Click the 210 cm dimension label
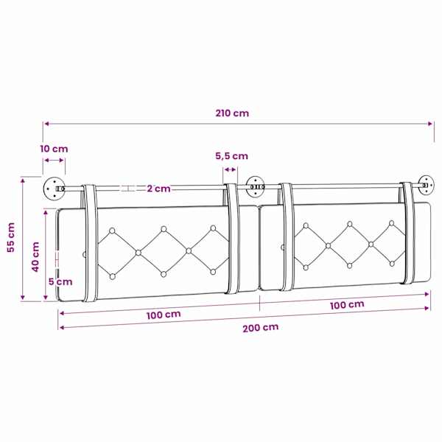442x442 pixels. coord(232,113)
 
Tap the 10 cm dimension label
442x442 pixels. coord(54,149)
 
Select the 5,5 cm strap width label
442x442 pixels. coord(232,156)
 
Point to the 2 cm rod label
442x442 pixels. coord(158,189)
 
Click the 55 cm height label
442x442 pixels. coord(11,237)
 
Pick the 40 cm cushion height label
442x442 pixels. coord(35,256)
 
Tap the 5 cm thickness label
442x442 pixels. coord(60,281)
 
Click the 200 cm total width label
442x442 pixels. coord(261,328)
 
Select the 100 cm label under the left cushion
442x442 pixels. coord(164,315)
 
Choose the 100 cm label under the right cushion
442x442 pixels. coord(347,305)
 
